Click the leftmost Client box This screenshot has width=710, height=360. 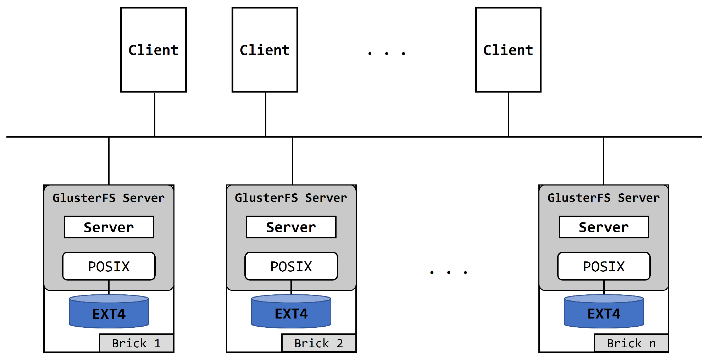[154, 50]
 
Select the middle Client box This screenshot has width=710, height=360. [265, 50]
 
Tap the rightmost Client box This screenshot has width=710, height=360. [508, 50]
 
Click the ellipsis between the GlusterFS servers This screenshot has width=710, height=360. [449, 272]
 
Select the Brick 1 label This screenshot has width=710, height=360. [137, 343]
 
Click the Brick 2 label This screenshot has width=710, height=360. [319, 343]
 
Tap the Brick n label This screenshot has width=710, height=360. [631, 343]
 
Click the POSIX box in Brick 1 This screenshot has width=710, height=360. [109, 266]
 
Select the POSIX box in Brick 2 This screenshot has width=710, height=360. [291, 266]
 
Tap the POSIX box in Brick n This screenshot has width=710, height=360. [604, 266]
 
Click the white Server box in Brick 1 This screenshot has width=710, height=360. [109, 227]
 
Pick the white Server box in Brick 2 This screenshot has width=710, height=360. [291, 227]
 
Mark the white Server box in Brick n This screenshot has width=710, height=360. [604, 227]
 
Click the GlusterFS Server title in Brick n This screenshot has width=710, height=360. [604, 198]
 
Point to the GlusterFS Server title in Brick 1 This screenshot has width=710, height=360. [109, 198]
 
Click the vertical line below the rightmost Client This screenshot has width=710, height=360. [509, 114]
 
